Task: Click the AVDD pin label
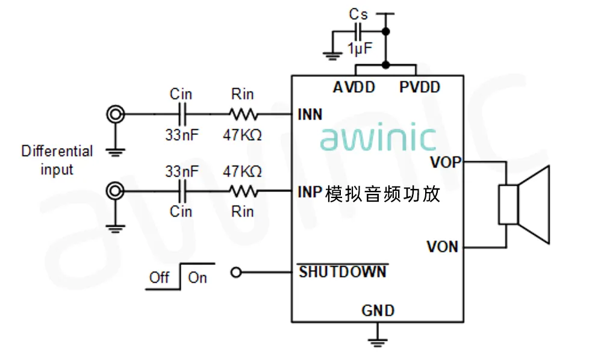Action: pyautogui.click(x=354, y=87)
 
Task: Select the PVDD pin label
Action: pyautogui.click(x=420, y=87)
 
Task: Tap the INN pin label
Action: pyautogui.click(x=310, y=114)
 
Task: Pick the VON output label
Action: pyautogui.click(x=443, y=246)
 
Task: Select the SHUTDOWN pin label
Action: pyautogui.click(x=343, y=272)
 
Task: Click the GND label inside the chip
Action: pyautogui.click(x=378, y=311)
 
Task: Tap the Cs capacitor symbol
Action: pyautogui.click(x=359, y=31)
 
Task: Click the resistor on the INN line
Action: pyautogui.click(x=243, y=113)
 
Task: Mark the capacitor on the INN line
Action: pyautogui.click(x=182, y=113)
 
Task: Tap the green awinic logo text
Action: pyautogui.click(x=378, y=138)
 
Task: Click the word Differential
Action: pyautogui.click(x=57, y=151)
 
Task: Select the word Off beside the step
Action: pyautogui.click(x=159, y=278)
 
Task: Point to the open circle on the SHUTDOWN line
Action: pyautogui.click(x=237, y=273)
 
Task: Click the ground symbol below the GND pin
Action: pyautogui.click(x=378, y=340)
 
